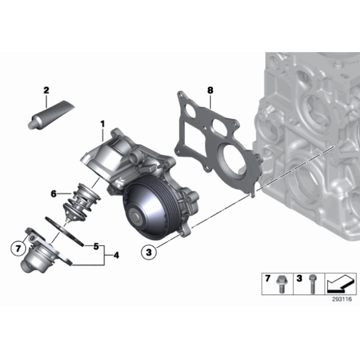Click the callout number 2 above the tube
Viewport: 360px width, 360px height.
pos(46,91)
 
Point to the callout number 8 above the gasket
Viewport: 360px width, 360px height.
pos(210,91)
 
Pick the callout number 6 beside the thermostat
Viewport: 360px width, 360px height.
pos(54,194)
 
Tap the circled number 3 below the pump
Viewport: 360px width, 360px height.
pos(147,251)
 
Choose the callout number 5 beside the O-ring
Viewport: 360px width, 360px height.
pos(96,246)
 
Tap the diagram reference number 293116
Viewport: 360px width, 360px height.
pos(340,299)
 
